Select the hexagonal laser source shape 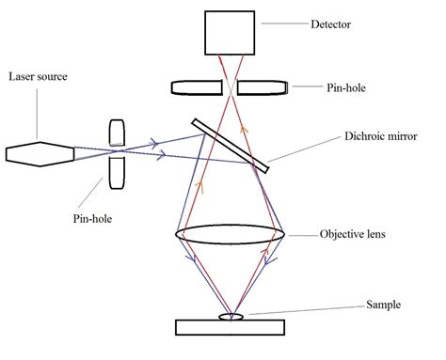tap(42, 153)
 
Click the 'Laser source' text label tap(37, 74)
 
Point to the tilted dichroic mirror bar tap(231, 146)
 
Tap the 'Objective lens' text tap(358, 234)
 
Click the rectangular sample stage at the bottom tap(231, 326)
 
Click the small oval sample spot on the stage tap(231, 317)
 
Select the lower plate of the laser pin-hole tap(117, 172)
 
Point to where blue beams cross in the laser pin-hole tap(117, 151)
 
